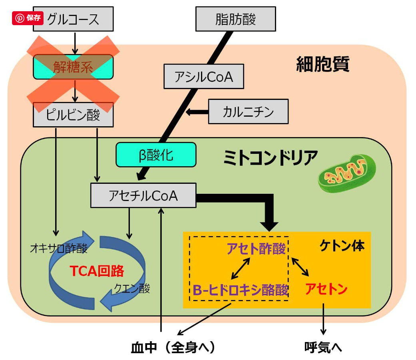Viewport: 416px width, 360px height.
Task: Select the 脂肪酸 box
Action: tap(236, 19)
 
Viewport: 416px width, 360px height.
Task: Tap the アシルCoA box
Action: tap(204, 77)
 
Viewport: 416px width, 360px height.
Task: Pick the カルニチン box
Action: tap(248, 111)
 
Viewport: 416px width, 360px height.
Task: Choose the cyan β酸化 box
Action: tap(156, 155)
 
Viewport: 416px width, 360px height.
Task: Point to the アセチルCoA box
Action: tap(143, 195)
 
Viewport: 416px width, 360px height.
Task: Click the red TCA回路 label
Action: tap(97, 271)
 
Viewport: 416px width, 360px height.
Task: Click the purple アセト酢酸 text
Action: tap(256, 249)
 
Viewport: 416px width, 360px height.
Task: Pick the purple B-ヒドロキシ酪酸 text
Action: tap(241, 290)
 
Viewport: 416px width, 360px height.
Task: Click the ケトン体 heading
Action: tap(342, 246)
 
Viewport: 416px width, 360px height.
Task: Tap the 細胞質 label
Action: tap(322, 64)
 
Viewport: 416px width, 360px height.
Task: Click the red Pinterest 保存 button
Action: tap(28, 18)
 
